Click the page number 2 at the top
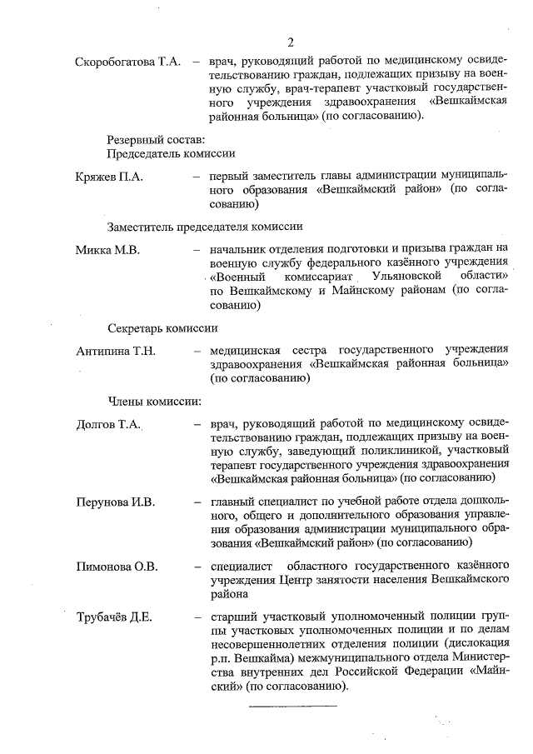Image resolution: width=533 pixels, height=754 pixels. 290,43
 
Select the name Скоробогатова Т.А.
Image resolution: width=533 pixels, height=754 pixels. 128,62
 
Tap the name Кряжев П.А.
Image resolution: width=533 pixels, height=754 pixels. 109,177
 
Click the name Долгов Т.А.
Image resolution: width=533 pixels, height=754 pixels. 107,424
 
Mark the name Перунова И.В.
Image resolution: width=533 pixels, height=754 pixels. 116,502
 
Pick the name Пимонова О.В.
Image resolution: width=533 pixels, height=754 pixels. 117,567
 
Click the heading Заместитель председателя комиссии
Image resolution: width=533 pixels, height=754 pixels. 204,226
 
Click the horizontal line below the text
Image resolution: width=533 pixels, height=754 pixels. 293,707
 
